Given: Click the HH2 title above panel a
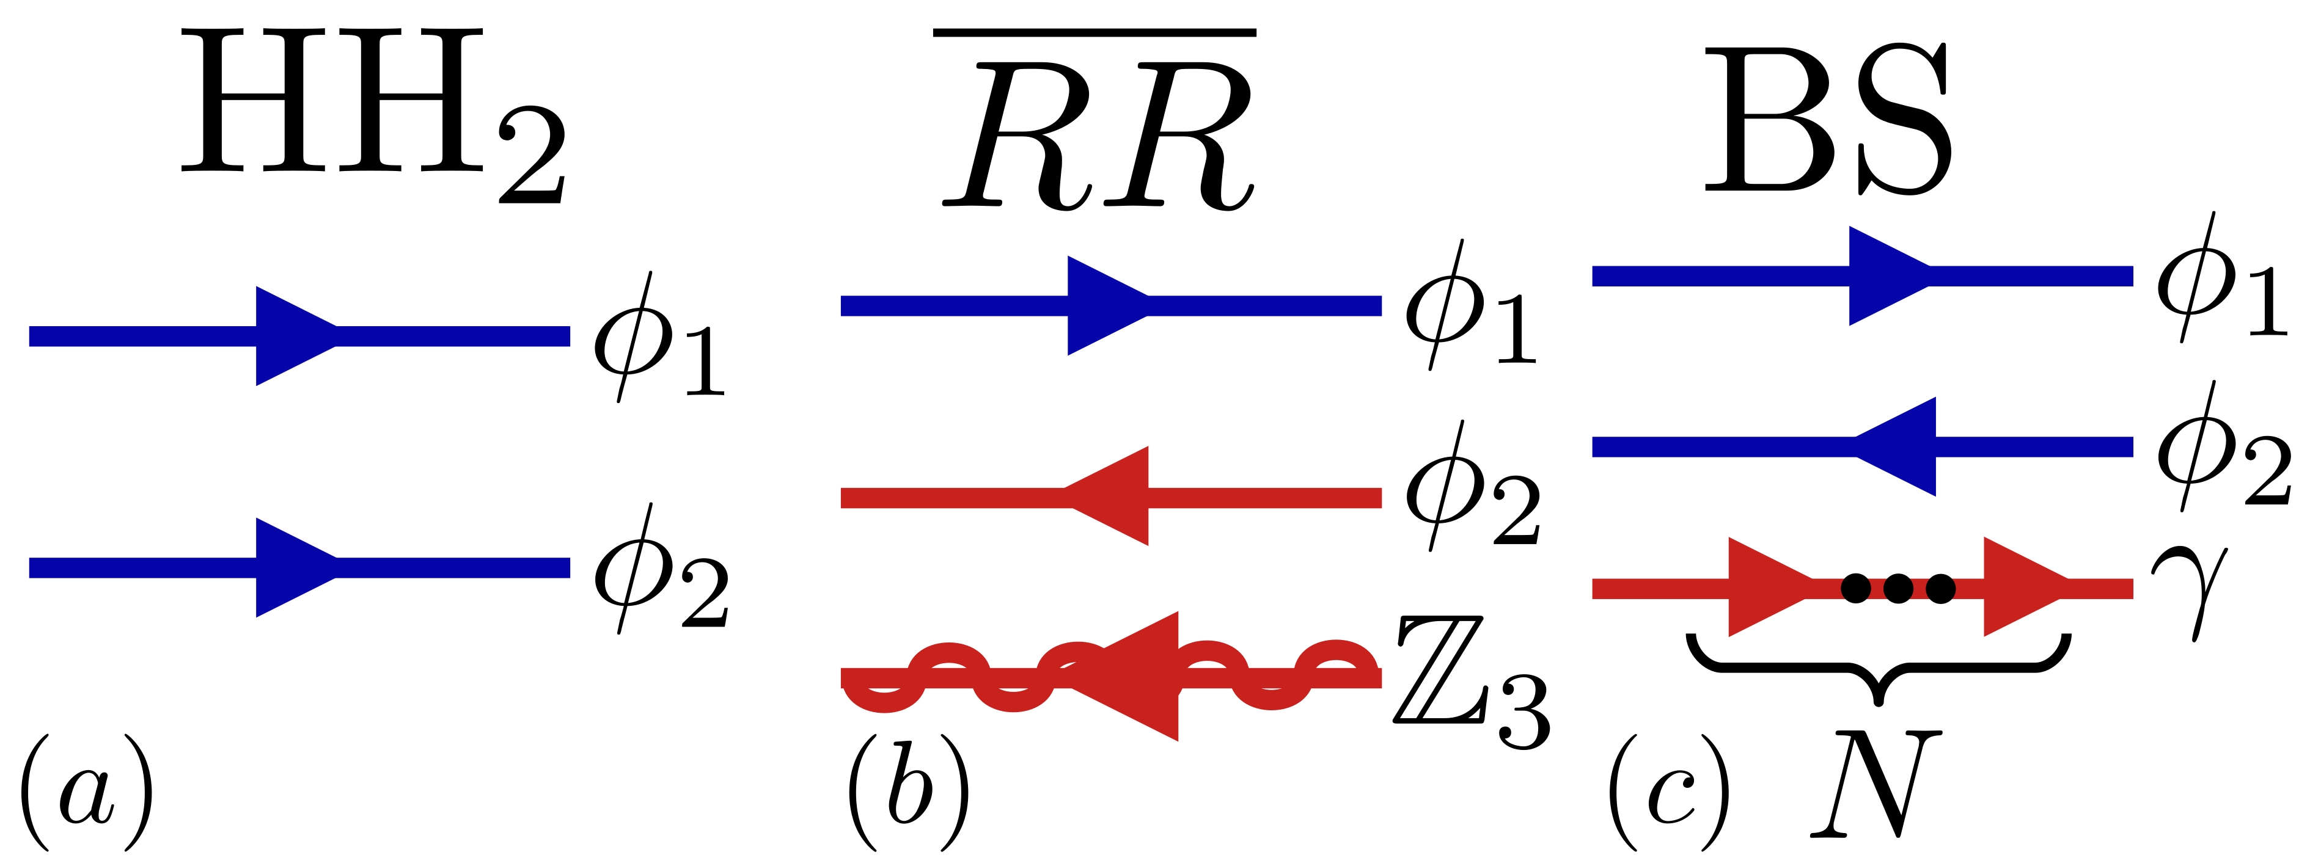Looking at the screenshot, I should click(372, 112).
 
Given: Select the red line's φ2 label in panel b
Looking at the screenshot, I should click(1471, 489).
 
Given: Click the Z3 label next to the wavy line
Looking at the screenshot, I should click(1471, 682).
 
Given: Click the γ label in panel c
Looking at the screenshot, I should click(2188, 587).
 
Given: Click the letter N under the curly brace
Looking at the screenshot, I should click(1874, 784).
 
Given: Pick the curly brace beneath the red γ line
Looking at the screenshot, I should click(1879, 668).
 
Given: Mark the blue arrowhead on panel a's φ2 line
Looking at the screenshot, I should click(291, 567).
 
